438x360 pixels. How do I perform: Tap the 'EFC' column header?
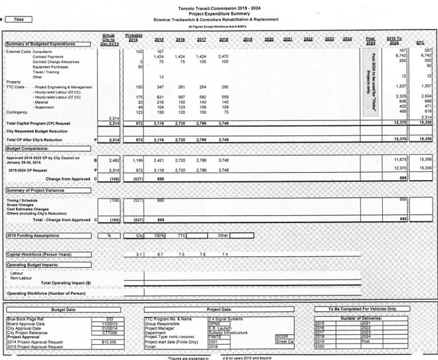click(x=420, y=43)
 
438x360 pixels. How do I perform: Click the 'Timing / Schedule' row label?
click(x=23, y=199)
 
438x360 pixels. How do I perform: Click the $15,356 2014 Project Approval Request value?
click(x=109, y=341)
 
